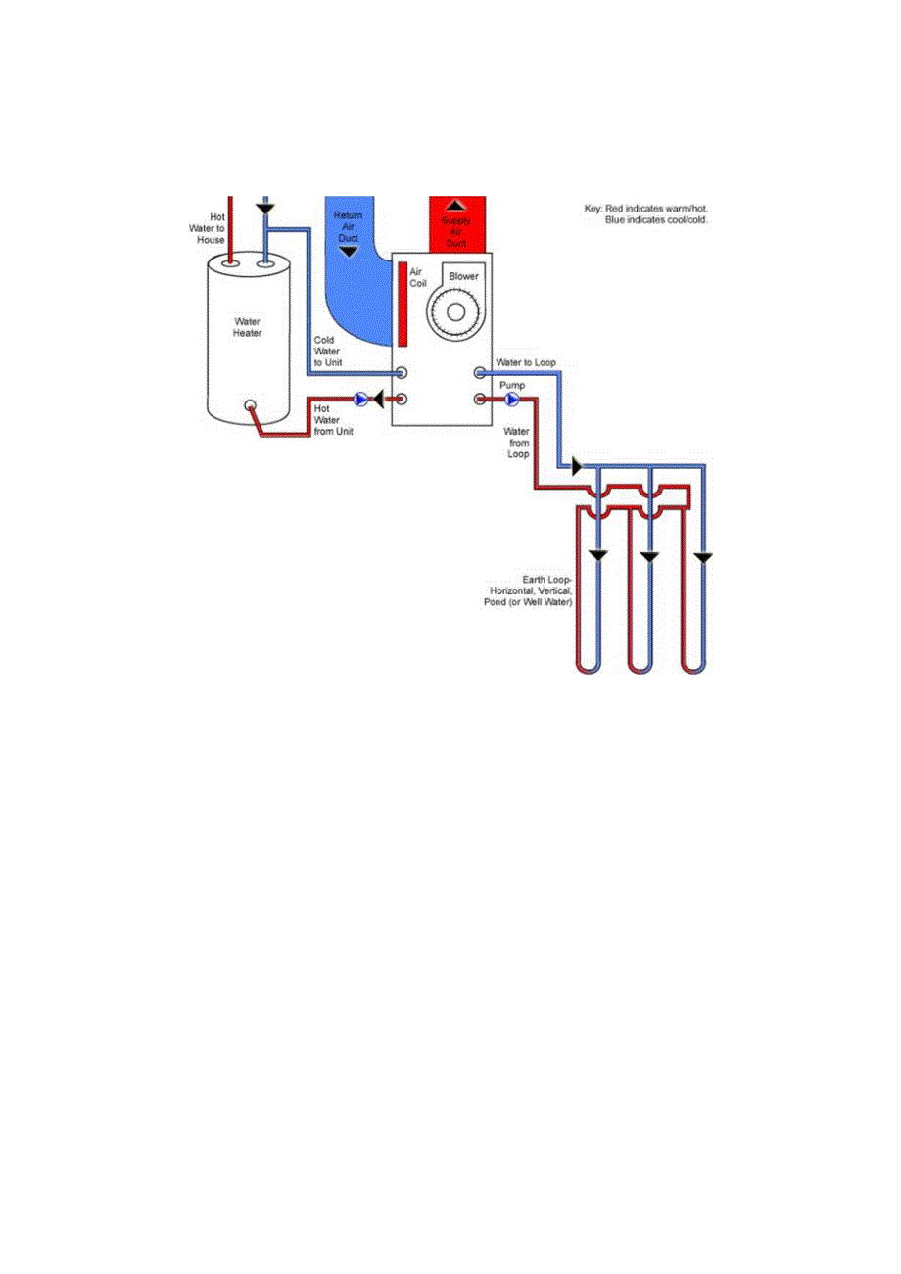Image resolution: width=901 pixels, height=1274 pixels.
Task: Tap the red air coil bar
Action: (403, 303)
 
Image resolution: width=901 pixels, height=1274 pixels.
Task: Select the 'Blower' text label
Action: (463, 277)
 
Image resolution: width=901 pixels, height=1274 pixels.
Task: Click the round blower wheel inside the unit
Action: (453, 316)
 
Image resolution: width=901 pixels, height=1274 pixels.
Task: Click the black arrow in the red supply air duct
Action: (455, 207)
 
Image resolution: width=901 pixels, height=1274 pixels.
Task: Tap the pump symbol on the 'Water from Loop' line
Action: (511, 399)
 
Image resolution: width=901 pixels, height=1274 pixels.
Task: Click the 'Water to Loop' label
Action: (527, 363)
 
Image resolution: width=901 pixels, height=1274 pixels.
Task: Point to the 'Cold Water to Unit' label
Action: (327, 352)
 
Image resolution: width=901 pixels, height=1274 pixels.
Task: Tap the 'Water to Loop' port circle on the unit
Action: (480, 373)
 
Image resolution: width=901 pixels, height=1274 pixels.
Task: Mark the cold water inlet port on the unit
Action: (402, 373)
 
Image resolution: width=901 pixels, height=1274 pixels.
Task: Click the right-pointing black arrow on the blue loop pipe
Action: (576, 467)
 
